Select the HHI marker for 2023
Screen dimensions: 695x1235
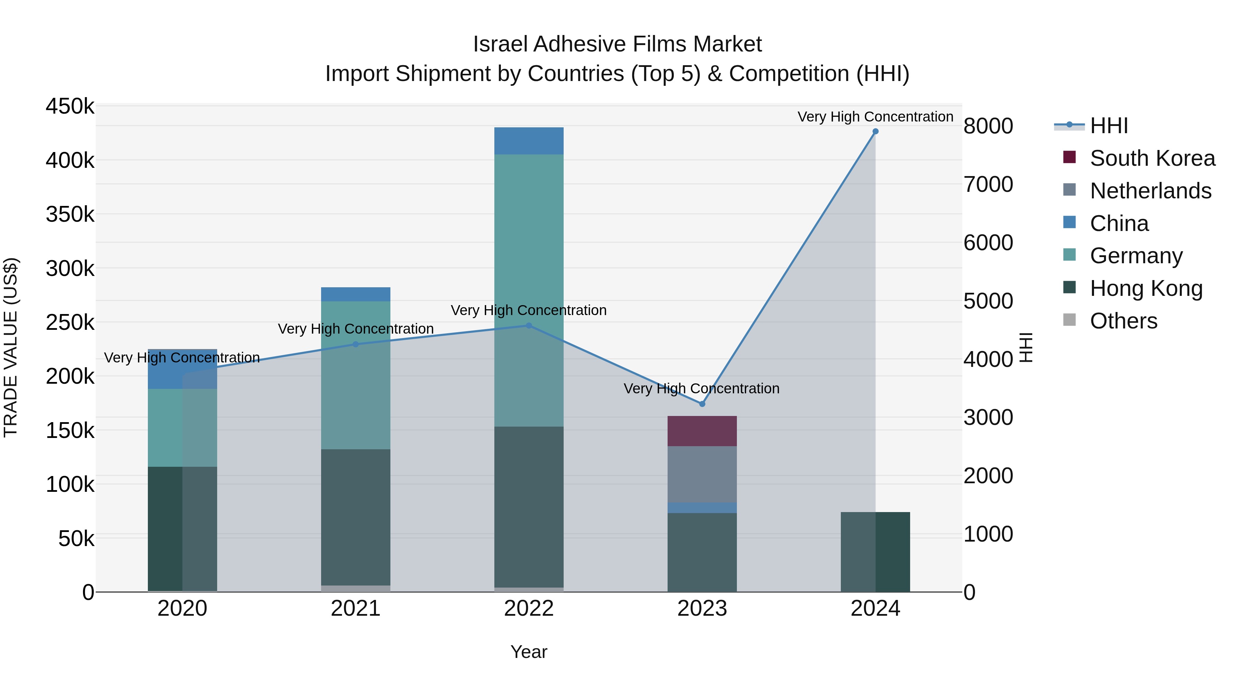pyautogui.click(x=702, y=404)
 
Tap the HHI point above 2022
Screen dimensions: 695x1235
pyautogui.click(x=529, y=326)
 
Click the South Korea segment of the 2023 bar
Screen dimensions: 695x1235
pyautogui.click(x=702, y=431)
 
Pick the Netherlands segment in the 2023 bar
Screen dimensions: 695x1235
pyautogui.click(x=702, y=474)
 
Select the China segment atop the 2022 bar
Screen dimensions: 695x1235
pyautogui.click(x=529, y=141)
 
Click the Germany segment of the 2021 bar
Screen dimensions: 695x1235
pyautogui.click(x=355, y=375)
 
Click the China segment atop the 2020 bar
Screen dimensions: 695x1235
pyautogui.click(x=182, y=369)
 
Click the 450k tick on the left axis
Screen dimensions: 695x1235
pyautogui.click(x=70, y=106)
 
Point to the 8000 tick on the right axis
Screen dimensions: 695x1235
pyautogui.click(x=988, y=126)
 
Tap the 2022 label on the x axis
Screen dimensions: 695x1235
pyautogui.click(x=529, y=609)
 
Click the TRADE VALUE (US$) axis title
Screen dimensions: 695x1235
pyautogui.click(x=11, y=347)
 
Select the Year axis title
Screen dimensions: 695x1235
pyautogui.click(x=529, y=652)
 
